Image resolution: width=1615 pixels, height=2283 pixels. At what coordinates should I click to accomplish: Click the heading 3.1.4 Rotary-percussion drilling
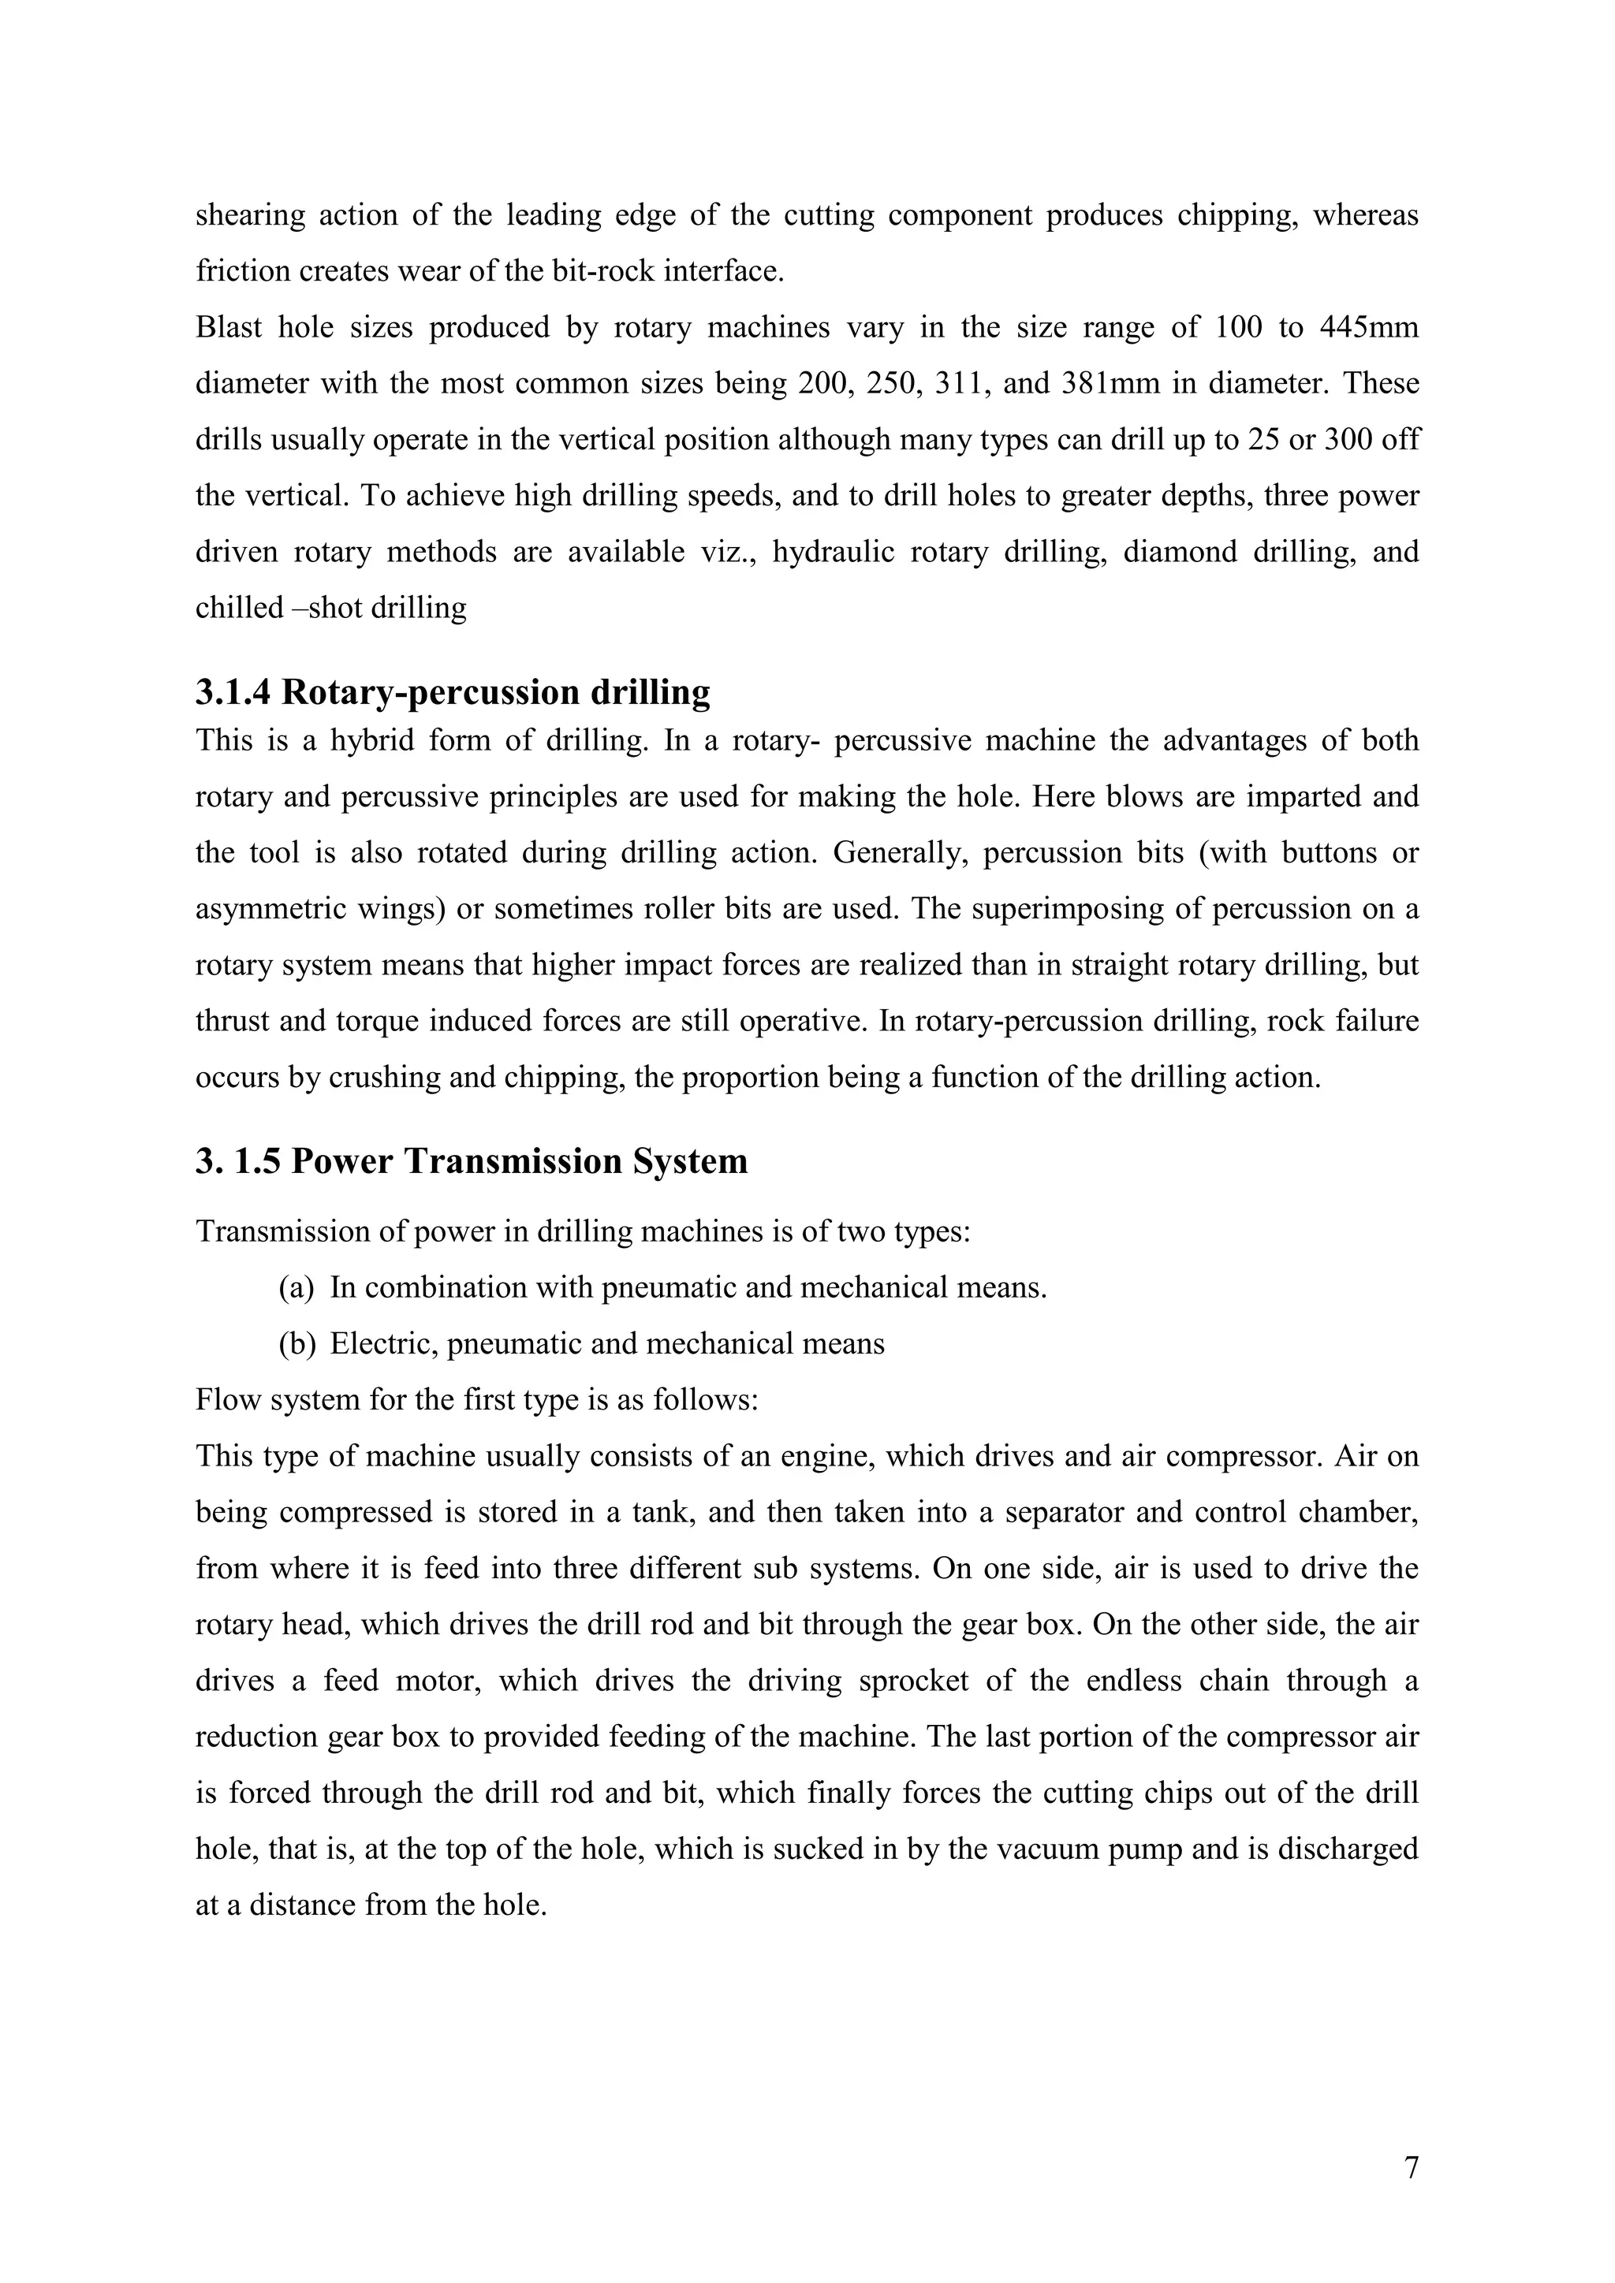(453, 692)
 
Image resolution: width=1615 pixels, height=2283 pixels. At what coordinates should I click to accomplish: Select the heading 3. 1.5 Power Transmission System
(472, 1160)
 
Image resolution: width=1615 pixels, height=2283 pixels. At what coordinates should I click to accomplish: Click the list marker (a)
(297, 1287)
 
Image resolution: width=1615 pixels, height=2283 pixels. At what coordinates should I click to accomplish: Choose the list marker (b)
(297, 1344)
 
